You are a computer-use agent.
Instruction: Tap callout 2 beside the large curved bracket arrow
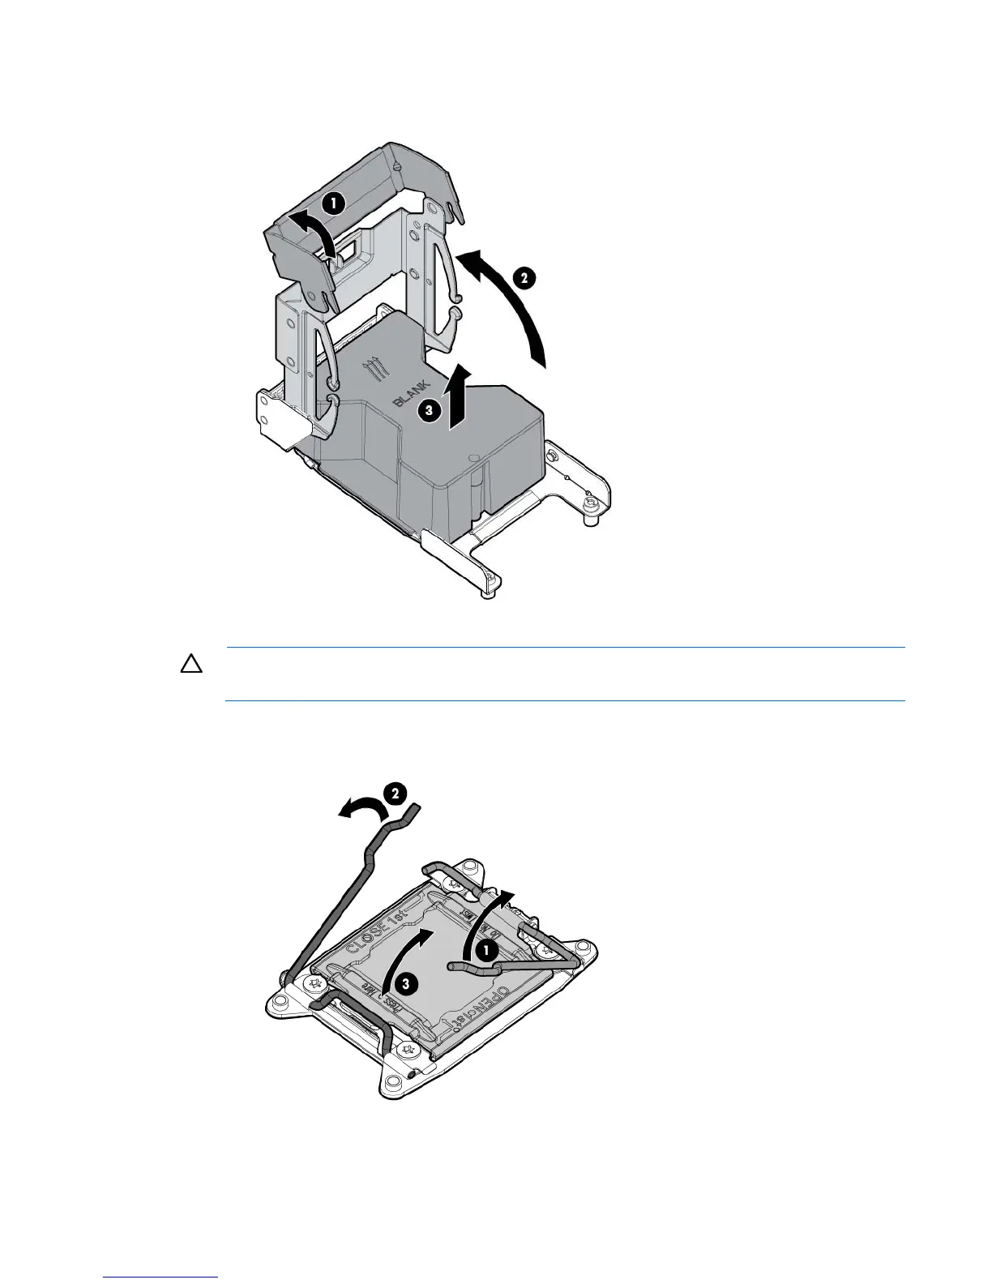point(524,278)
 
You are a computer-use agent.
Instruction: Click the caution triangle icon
point(190,665)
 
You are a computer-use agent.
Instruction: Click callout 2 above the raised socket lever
point(394,794)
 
